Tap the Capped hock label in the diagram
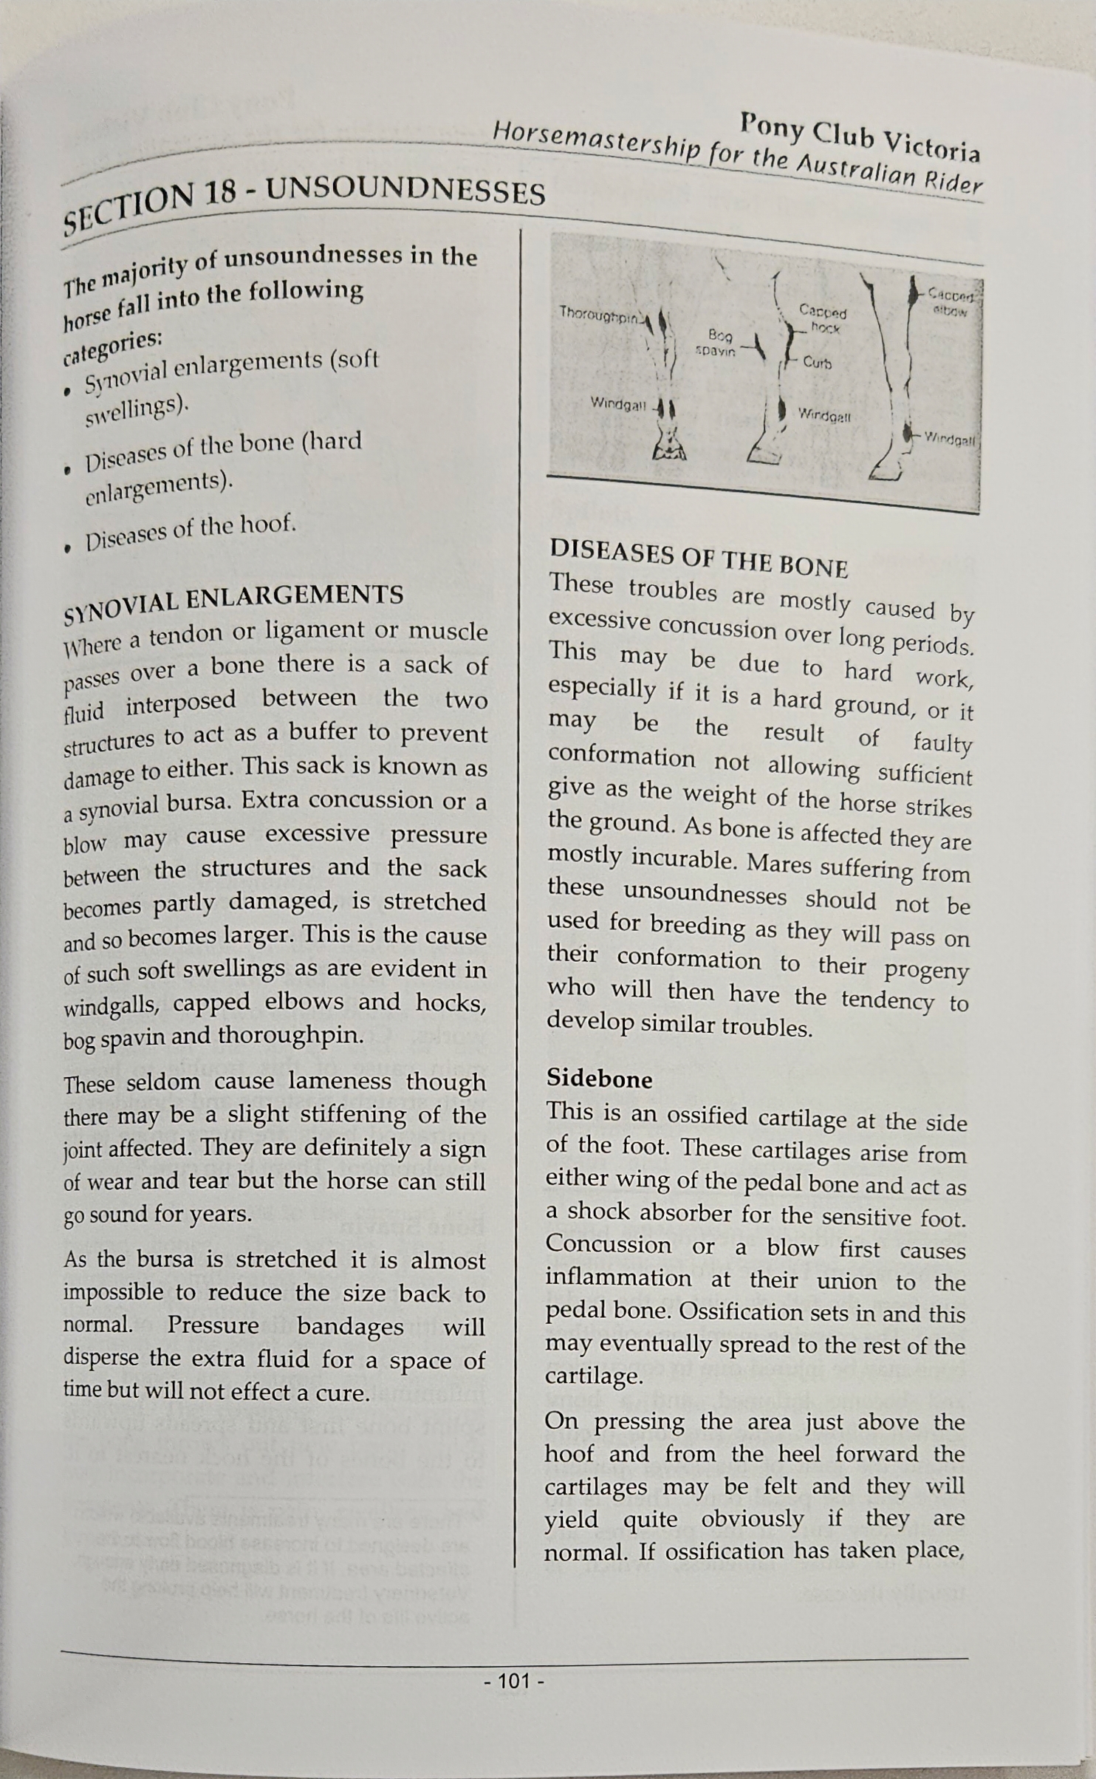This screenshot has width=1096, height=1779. (823, 318)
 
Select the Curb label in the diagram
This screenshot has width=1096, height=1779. (817, 363)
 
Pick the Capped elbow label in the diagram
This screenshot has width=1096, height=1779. (950, 301)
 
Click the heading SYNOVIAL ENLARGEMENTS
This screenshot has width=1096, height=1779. (234, 602)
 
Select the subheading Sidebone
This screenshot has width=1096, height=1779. (599, 1079)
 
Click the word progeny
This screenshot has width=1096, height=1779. (926, 969)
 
